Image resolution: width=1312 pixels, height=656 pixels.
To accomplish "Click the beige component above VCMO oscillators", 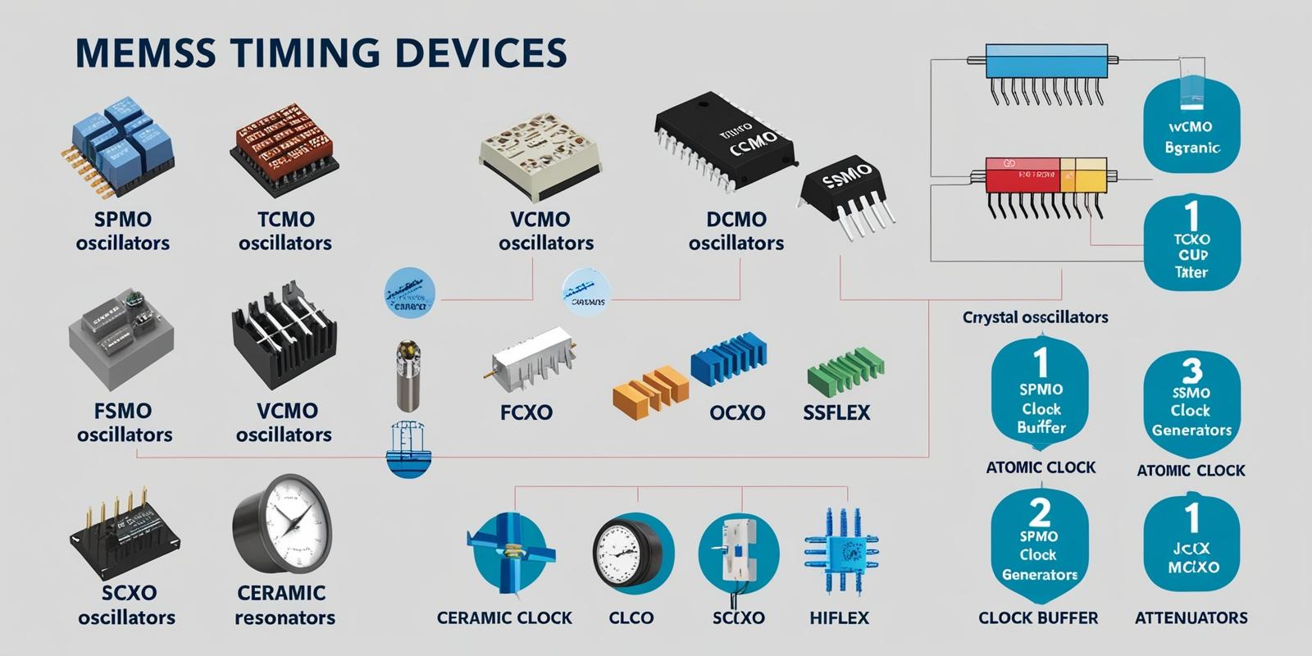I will pyautogui.click(x=540, y=156).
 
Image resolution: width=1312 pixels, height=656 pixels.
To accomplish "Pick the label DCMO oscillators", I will pyautogui.click(x=736, y=231).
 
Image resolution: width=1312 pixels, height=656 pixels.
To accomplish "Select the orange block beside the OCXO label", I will pyautogui.click(x=649, y=389).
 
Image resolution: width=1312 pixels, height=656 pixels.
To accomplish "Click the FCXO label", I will pyautogui.click(x=526, y=412).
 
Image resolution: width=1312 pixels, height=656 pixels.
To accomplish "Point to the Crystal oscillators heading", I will pyautogui.click(x=1035, y=317).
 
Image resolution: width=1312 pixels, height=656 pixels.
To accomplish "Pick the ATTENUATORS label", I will pyautogui.click(x=1191, y=618).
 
